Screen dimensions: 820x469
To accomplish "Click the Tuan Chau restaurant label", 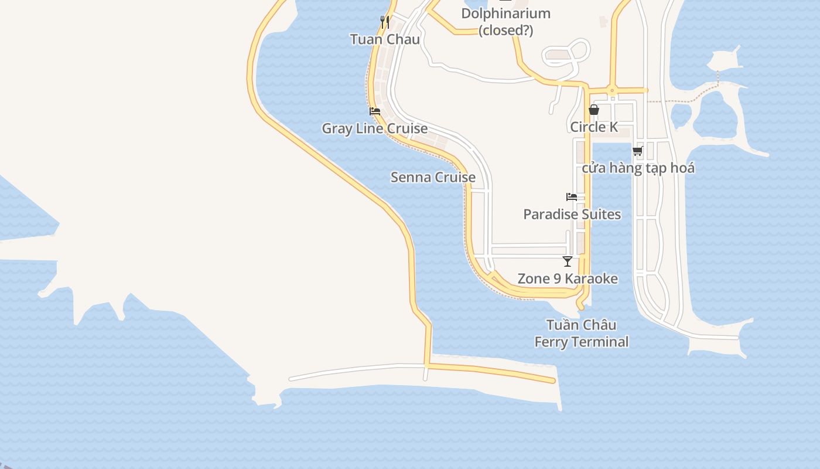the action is point(385,39).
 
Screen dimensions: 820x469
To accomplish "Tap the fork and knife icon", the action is point(385,22).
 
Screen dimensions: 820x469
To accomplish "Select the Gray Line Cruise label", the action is point(375,128).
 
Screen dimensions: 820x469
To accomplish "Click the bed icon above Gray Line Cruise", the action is point(375,111).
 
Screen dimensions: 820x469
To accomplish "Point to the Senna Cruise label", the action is point(433,177).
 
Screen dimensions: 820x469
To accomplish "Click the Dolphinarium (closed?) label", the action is point(505,22).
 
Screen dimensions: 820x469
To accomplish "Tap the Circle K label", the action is point(594,127).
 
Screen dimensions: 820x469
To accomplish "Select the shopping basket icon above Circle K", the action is point(594,110).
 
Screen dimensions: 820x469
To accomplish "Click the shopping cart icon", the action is point(638,151).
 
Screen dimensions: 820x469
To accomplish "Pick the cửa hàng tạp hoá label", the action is point(638,168).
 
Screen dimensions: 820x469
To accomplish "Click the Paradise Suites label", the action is point(572,214).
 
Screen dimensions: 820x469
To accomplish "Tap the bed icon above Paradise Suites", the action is point(572,196).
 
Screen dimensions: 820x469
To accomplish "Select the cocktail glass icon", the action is point(567,261).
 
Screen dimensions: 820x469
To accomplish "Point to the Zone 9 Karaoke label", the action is point(567,278).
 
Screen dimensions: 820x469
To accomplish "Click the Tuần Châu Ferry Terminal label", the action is point(581,333).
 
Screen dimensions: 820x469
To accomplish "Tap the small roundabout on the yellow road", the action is point(611,90).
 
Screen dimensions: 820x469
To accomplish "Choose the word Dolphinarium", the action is point(505,13).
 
